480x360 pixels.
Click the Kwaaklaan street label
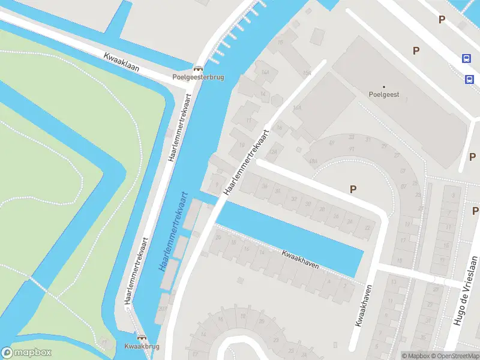pos(122,62)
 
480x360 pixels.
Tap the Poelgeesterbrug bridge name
pos(198,77)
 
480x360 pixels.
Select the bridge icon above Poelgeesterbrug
pos(197,68)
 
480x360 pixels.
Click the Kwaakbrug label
pos(142,347)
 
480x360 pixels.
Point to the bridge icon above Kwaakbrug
pos(142,338)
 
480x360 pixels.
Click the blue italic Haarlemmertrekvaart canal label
pos(173,232)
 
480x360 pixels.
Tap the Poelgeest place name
pos(383,95)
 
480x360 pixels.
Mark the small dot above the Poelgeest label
pos(384,86)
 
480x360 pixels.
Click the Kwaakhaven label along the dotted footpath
pos(300,258)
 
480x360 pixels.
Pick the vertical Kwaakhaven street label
pos(364,305)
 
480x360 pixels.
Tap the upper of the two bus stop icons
pos(466,58)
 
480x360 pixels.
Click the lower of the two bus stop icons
pos(469,79)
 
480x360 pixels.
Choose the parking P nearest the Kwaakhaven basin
pos(353,189)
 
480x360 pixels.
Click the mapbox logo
pos(26,352)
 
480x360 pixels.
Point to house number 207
pos(163,308)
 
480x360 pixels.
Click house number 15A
pos(307,73)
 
